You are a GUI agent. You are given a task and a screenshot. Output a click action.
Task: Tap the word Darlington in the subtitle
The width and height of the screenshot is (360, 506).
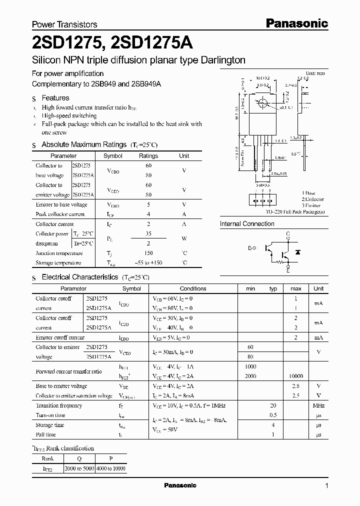(216, 60)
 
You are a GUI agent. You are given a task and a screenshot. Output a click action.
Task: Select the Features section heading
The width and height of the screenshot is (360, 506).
(55, 98)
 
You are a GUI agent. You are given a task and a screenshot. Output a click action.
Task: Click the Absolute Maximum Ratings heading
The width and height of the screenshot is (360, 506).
(83, 144)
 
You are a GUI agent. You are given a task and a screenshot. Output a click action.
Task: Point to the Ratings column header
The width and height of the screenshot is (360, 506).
(148, 156)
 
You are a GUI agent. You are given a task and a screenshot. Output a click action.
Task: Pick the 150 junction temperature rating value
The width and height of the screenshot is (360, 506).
(148, 253)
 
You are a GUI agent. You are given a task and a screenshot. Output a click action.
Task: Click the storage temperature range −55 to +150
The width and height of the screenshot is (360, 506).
(148, 263)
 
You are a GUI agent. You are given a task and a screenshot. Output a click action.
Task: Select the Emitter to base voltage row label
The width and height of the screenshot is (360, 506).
(61, 204)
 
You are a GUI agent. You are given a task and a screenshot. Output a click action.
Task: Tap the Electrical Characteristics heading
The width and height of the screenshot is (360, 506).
(79, 276)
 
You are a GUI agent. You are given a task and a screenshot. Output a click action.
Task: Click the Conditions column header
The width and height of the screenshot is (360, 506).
(193, 288)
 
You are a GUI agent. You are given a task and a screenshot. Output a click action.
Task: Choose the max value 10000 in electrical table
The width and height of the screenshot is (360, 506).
(295, 376)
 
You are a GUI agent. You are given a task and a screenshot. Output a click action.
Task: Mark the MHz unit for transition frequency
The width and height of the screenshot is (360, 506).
(318, 405)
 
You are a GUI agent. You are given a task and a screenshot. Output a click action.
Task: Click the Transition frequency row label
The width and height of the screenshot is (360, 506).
(59, 405)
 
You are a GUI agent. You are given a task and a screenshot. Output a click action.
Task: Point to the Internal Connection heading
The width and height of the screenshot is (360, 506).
(247, 224)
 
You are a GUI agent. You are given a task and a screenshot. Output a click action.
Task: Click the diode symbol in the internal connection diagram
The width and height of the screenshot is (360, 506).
(297, 252)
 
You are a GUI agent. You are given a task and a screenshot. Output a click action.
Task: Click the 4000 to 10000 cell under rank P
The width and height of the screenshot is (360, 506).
(111, 469)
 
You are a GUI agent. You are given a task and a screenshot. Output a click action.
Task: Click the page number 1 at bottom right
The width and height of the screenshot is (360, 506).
(326, 486)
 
